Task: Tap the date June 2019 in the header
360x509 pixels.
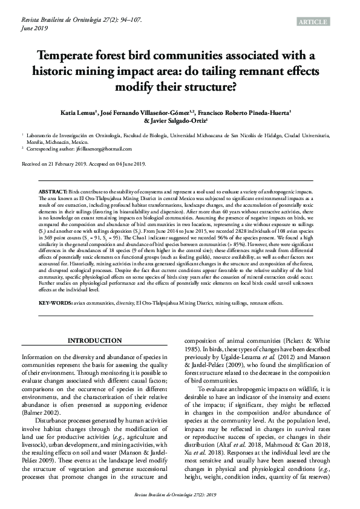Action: (34, 28)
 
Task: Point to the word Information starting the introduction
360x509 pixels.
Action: (41, 356)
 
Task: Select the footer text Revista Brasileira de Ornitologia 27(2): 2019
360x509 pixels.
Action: (180, 494)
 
